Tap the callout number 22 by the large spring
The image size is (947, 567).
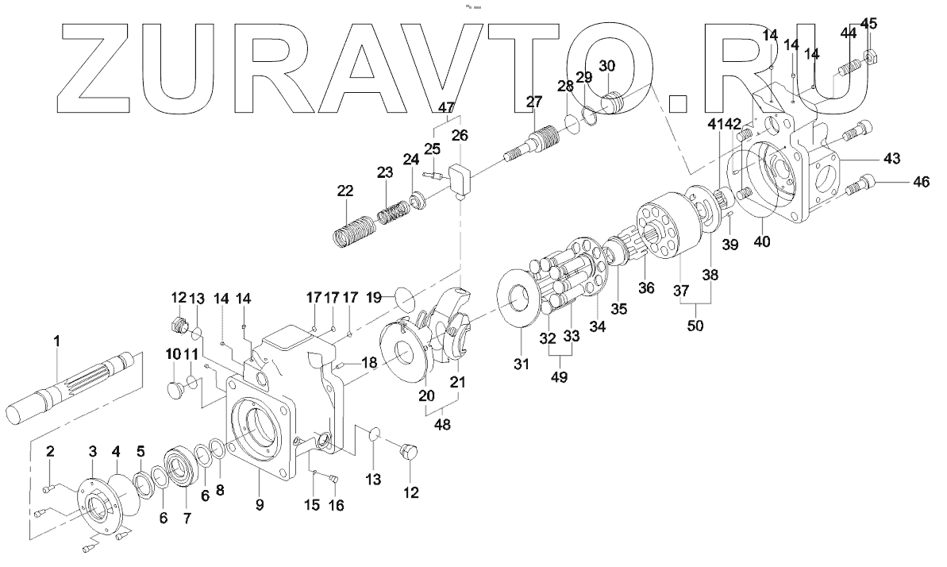(x=345, y=190)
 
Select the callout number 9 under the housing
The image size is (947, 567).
(x=260, y=503)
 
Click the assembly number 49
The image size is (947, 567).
(x=560, y=377)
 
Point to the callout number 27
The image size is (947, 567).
(x=533, y=101)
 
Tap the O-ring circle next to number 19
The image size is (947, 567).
(x=403, y=302)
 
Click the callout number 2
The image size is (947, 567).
(x=49, y=453)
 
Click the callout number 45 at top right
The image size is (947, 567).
(x=869, y=24)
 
